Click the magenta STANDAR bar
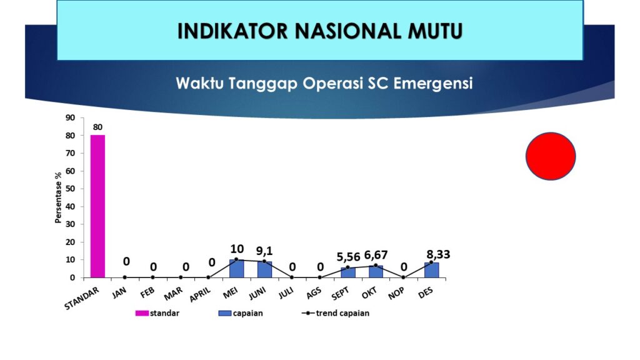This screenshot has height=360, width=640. pos(97,206)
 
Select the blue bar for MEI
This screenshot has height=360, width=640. pos(237,269)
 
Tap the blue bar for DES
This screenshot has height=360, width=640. pos(431,270)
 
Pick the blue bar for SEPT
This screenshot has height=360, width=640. pos(348,272)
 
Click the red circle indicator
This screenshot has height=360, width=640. pos(551,156)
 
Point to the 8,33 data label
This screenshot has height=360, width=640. pos(438,254)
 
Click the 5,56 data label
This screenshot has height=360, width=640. pos(348,257)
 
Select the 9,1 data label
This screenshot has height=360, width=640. pos(264,251)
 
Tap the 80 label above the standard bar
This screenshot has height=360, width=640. pos(97,127)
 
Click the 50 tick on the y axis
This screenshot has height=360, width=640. pos(70,189)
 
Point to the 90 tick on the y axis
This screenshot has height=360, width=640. pos(70,117)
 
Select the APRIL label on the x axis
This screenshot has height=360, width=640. pos(200,294)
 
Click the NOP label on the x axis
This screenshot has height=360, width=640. pos(396,292)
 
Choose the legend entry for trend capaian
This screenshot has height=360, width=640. pos(336,313)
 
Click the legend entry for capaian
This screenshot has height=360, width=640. pos(241,313)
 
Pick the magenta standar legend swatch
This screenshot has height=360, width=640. pos(142,313)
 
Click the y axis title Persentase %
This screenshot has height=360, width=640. pos(58,197)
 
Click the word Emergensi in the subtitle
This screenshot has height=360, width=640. pos(433,84)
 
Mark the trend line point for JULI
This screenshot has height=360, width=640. pos(292,277)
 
